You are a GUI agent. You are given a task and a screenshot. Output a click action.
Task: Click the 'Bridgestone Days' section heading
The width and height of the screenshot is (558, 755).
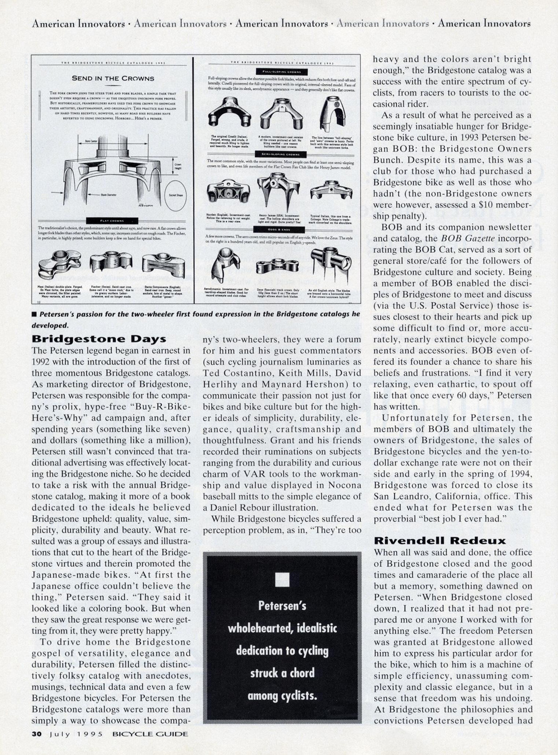pos(99,339)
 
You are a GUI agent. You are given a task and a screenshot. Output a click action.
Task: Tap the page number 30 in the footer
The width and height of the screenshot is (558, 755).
pos(37,734)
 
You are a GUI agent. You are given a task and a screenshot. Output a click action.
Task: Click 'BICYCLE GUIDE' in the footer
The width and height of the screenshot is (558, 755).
pos(150,734)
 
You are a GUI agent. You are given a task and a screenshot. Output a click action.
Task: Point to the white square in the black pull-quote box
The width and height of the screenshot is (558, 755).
pos(282,579)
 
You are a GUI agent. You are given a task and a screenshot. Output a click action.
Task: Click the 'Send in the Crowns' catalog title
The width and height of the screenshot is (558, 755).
pos(113,78)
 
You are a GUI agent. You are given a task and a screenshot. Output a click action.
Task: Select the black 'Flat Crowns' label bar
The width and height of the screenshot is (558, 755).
pos(112,220)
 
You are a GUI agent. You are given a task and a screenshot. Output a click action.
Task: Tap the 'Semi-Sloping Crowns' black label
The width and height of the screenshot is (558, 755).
pos(281,154)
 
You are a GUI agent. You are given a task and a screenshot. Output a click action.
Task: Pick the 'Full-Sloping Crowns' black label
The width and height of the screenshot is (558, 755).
pos(281,71)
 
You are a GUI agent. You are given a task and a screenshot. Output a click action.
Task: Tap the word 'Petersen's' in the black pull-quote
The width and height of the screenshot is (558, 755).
pos(282,606)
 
